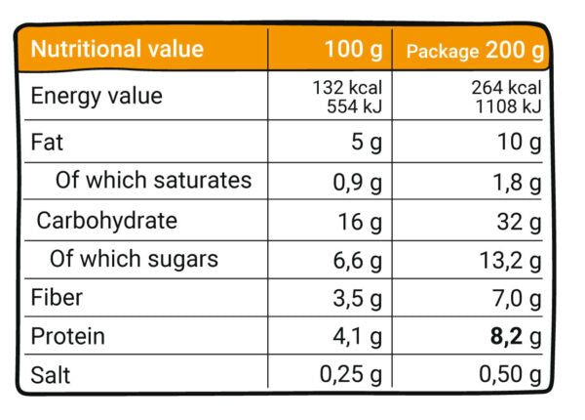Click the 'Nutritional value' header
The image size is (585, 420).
[118, 49]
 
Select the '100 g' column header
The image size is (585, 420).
[353, 49]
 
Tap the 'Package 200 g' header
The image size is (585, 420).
[475, 50]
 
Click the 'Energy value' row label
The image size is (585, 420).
[97, 96]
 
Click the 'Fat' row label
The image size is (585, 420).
[47, 143]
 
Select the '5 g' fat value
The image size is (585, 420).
[366, 144]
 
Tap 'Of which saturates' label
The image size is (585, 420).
[153, 181]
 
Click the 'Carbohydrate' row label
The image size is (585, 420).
[107, 220]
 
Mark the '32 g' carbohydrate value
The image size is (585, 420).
[518, 222]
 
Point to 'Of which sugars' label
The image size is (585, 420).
[135, 259]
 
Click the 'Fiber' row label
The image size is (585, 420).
[57, 298]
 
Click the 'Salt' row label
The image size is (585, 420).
[51, 375]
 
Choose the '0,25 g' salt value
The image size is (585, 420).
[350, 375]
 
